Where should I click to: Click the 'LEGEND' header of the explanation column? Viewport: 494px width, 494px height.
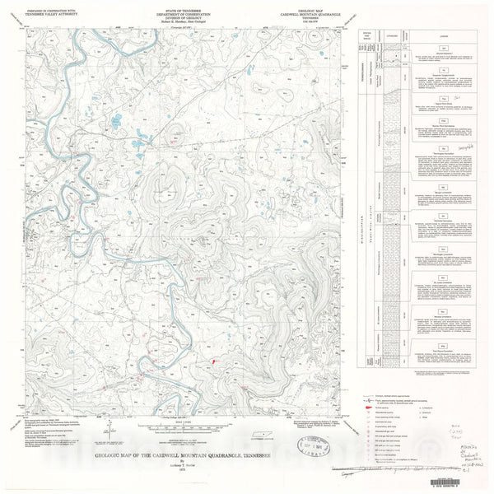(445, 38)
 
